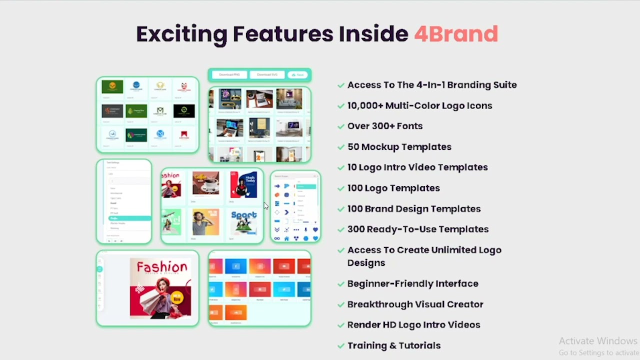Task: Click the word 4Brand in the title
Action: [455, 34]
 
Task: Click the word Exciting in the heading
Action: [181, 34]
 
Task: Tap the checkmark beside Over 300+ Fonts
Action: [341, 126]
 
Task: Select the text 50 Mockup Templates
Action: [399, 147]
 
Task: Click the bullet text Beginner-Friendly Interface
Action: [412, 283]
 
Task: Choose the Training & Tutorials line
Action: [393, 345]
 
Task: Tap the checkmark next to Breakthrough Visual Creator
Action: [341, 304]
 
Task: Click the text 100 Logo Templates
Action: [393, 188]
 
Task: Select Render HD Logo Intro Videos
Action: [413, 325]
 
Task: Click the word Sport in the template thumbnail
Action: [243, 216]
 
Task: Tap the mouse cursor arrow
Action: [266, 206]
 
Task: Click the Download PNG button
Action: [229, 75]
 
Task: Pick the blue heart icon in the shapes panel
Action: [315, 230]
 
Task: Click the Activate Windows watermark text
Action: [598, 341]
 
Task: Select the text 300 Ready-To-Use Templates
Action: [417, 229]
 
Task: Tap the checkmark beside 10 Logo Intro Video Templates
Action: [341, 168]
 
